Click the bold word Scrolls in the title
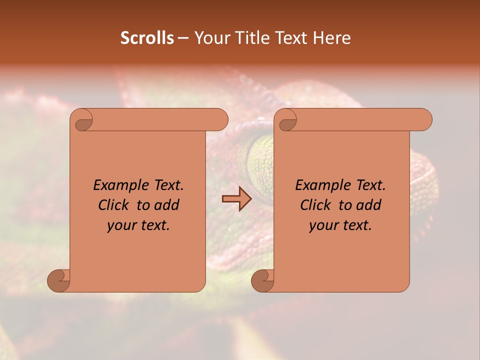[147, 37]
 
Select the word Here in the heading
[331, 37]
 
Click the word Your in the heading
[211, 37]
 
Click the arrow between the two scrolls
[236, 198]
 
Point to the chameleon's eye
[260, 160]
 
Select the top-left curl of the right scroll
[287, 120]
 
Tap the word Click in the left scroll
[114, 205]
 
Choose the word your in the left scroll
[122, 225]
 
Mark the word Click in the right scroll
[316, 205]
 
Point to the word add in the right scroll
[368, 205]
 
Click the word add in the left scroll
[166, 205]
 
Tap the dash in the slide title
[183, 38]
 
